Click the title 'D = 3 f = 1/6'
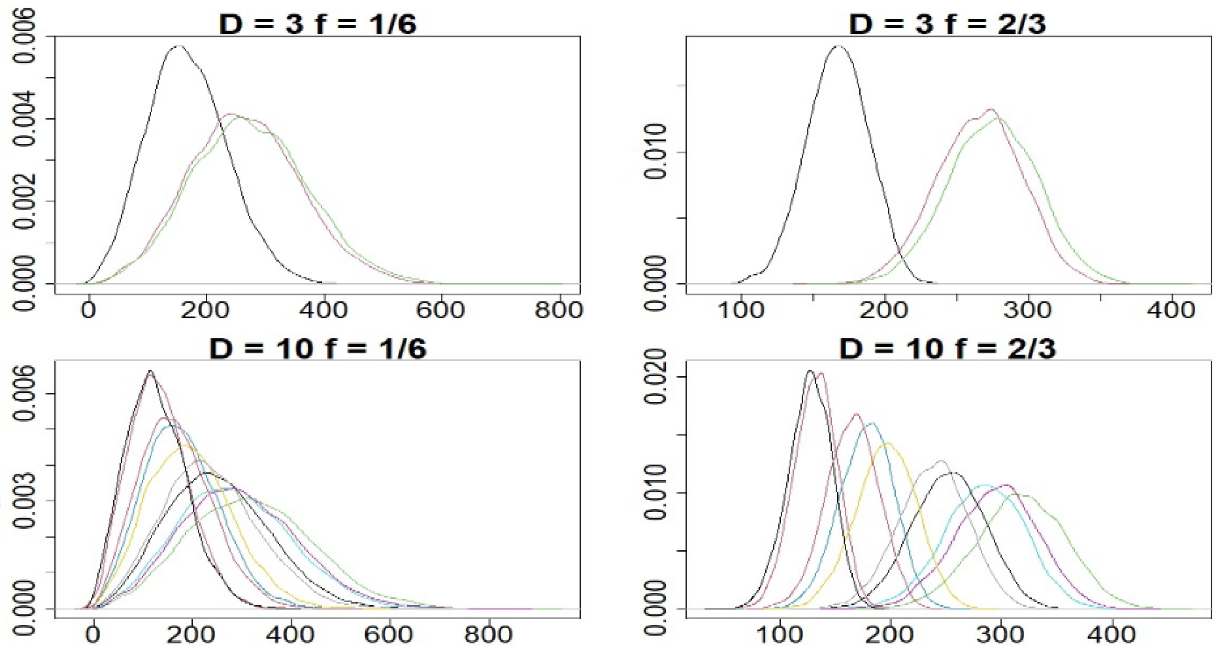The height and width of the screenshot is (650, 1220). pos(318,24)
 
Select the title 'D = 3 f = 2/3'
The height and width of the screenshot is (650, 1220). pos(948,24)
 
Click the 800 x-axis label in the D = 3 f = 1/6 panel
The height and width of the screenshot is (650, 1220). pos(559,310)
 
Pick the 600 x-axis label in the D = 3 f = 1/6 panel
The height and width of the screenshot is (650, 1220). pos(441,310)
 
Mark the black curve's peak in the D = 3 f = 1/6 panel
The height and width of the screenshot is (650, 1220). pos(179,46)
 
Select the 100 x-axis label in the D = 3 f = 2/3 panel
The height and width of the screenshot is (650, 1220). pos(741,310)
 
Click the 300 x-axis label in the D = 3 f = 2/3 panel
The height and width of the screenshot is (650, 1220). pos(1028,310)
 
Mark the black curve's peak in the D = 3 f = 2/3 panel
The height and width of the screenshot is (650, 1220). pos(839,46)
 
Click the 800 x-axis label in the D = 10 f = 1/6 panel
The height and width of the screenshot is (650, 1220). pos(488,634)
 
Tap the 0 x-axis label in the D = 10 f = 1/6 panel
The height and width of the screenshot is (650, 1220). pos(93,634)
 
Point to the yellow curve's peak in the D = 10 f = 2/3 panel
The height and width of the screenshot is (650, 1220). pos(887,443)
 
